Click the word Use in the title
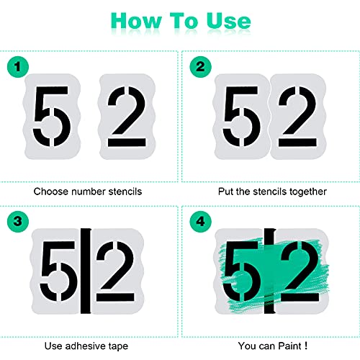click(x=223, y=21)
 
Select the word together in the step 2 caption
click(x=307, y=192)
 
